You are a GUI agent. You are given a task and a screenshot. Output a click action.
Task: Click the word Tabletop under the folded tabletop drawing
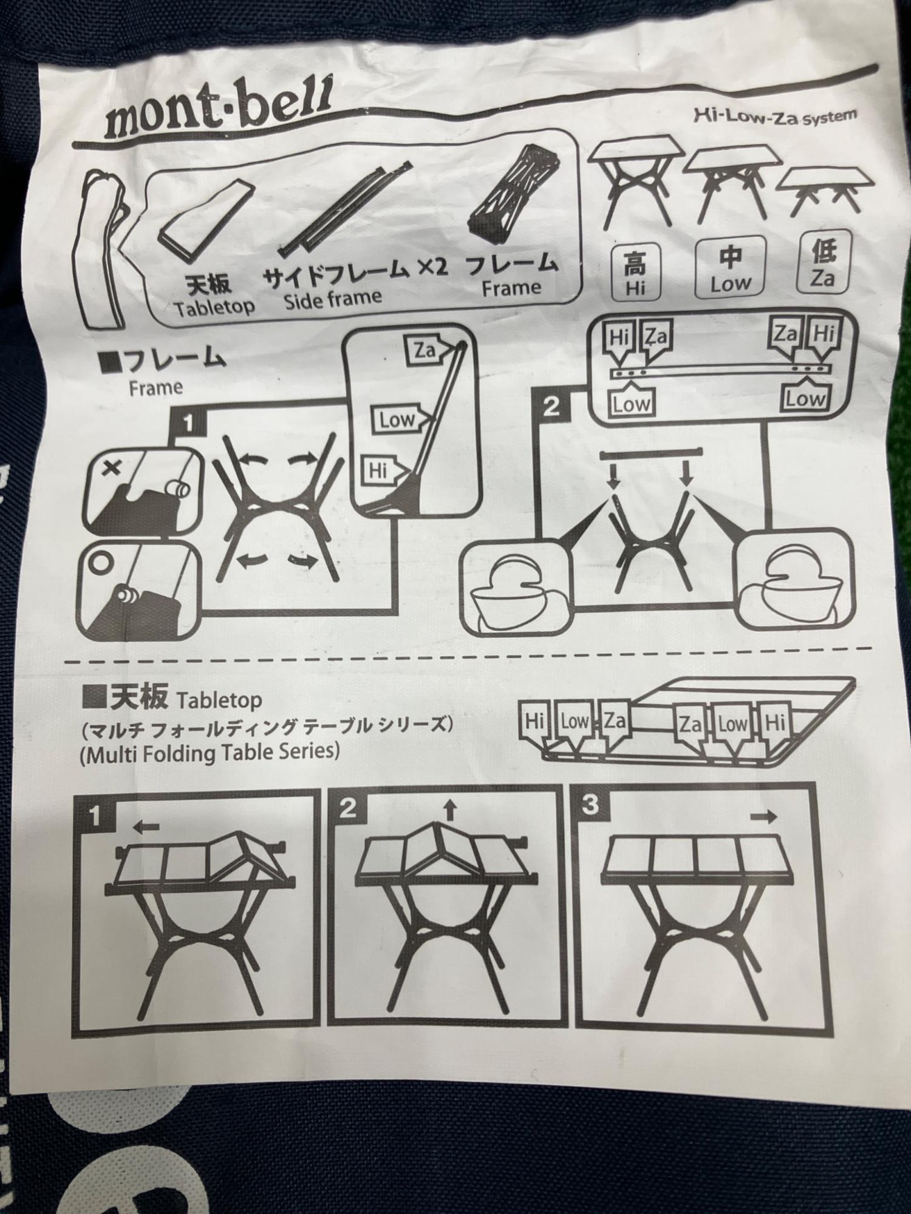click(214, 308)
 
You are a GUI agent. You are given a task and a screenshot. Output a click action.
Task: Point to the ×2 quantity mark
click(433, 267)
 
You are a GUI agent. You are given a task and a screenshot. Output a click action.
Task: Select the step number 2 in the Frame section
click(551, 405)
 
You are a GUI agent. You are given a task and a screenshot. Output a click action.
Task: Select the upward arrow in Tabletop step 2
click(449, 810)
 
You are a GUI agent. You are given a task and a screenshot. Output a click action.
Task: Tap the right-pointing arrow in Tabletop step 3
click(763, 816)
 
